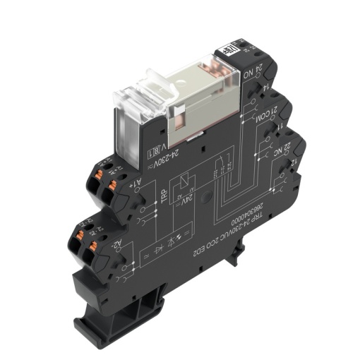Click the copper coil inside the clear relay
[210, 70]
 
